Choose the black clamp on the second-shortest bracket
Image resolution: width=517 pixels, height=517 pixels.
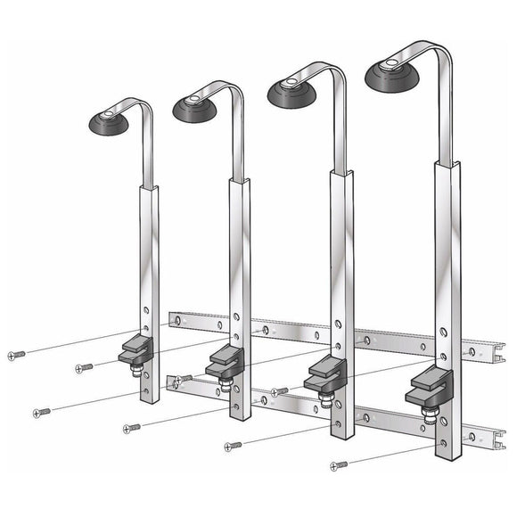point(226,360)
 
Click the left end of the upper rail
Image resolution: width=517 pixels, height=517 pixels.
point(172,317)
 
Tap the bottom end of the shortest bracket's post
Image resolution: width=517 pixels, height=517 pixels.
point(152,398)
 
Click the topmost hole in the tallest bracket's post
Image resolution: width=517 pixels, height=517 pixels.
point(444,332)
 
